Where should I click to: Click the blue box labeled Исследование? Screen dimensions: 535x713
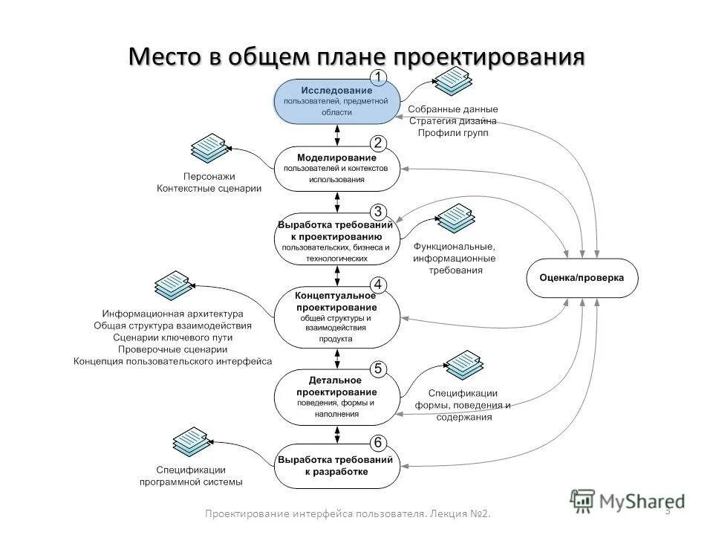pos(337,100)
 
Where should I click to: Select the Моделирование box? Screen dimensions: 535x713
pos(337,168)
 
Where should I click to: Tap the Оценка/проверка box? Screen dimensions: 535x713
pos(582,278)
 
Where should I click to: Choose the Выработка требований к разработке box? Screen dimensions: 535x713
pos(337,466)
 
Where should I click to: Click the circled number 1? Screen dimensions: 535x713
pos(378,77)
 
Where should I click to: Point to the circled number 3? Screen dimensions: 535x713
pos(378,210)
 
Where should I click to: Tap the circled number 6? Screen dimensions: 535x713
pos(378,443)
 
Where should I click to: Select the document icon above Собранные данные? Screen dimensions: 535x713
pos(452,81)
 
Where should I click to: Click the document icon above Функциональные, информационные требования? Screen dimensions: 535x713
pos(455,217)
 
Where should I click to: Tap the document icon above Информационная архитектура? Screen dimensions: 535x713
pos(172,285)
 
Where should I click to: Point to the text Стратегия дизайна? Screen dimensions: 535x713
pos(453,120)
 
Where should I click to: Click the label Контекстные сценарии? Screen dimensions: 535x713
pos(209,189)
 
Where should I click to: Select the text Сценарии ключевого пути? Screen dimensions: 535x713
pos(172,337)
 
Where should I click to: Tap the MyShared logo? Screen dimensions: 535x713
pos(628,500)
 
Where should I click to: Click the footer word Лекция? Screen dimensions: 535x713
pos(449,514)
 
